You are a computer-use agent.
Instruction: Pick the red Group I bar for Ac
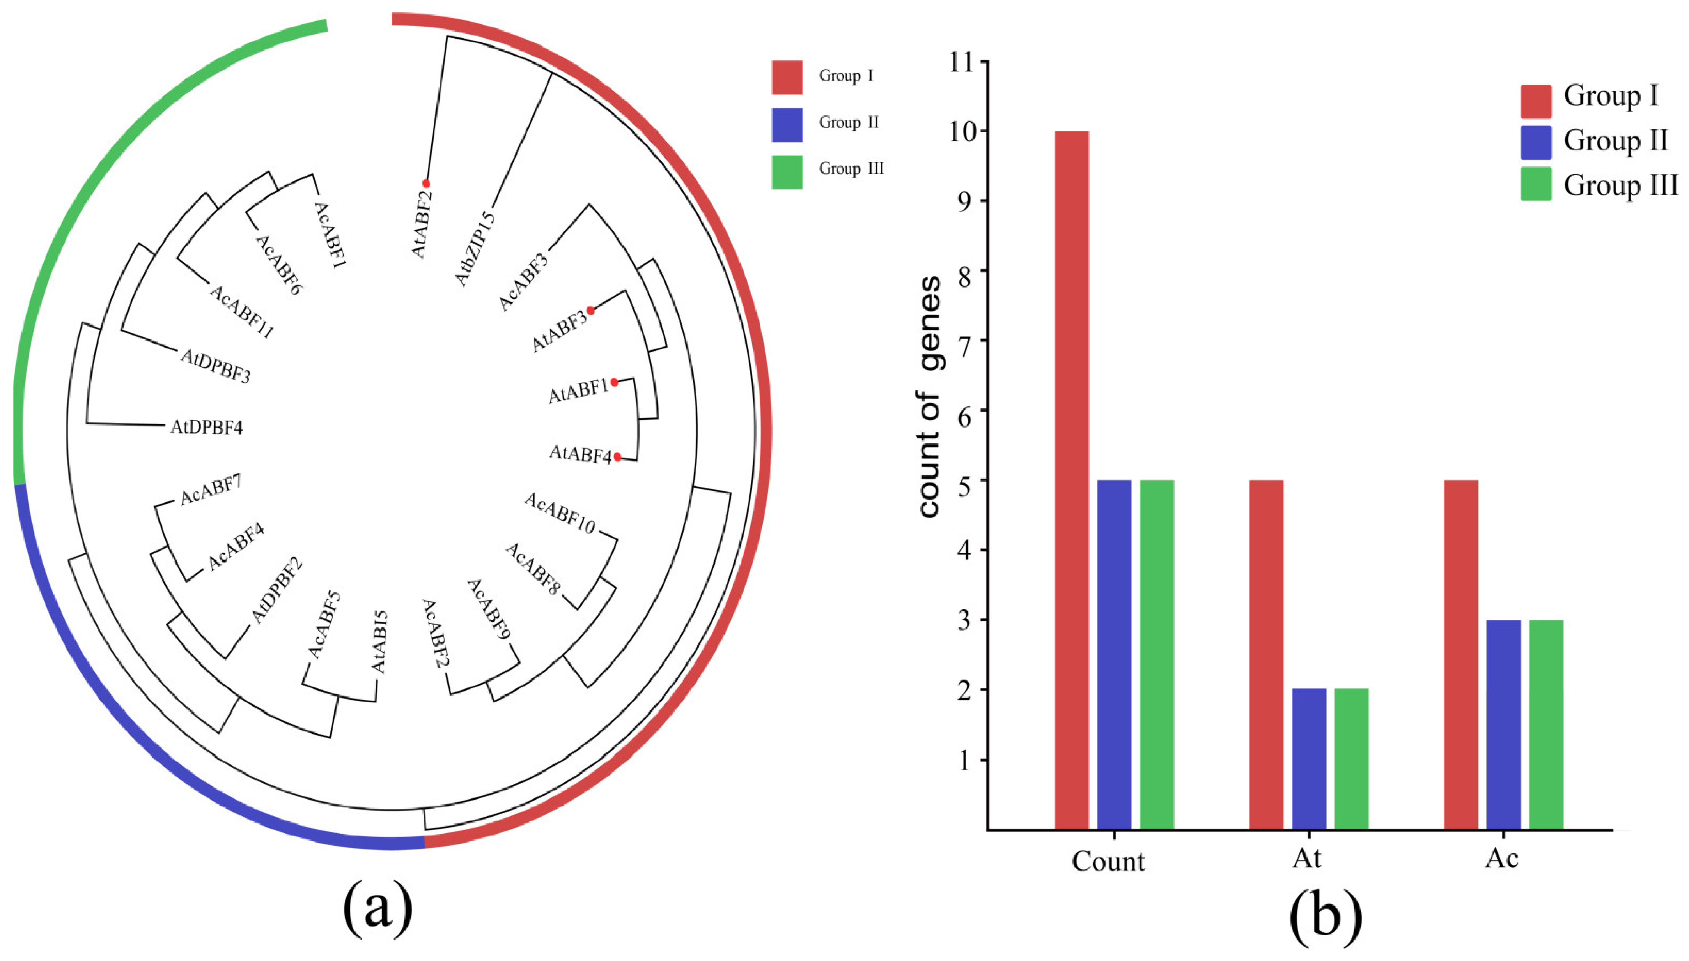tap(1460, 654)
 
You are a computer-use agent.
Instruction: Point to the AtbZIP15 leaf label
tap(475, 248)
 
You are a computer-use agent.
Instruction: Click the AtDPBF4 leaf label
tap(207, 428)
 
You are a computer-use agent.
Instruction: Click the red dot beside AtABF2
tap(426, 184)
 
